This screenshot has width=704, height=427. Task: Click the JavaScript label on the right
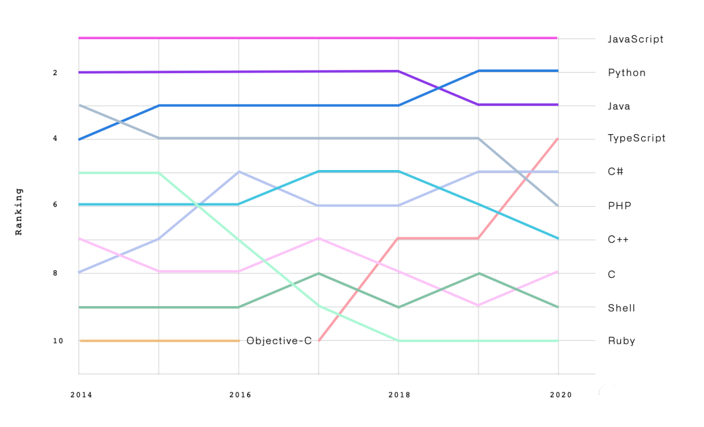[635, 39]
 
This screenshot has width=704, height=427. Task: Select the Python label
[627, 73]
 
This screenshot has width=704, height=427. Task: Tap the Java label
[619, 106]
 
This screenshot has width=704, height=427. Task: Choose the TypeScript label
[637, 139]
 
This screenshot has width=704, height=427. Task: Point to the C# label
[615, 172]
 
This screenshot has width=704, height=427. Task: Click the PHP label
[618, 206]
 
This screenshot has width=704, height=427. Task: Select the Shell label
[622, 308]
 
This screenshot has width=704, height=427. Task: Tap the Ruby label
[622, 341]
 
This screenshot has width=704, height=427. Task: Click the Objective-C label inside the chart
[279, 341]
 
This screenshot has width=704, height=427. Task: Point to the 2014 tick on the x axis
[81, 395]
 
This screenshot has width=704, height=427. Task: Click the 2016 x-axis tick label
[239, 395]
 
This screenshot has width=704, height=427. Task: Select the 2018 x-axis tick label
[399, 395]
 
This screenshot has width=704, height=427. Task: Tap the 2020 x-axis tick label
[561, 395]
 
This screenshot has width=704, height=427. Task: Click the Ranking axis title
[19, 211]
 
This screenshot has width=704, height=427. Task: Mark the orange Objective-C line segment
[159, 341]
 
